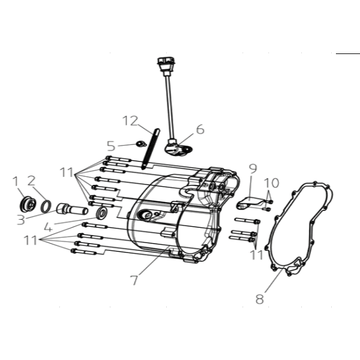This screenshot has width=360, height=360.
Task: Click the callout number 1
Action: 15,181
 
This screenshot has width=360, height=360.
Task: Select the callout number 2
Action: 32,181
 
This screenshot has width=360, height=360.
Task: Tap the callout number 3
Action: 21,220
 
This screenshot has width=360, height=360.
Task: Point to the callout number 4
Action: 48,227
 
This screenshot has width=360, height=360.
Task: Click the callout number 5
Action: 111,146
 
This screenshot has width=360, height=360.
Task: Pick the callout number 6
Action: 200,129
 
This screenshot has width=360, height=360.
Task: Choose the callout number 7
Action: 134,280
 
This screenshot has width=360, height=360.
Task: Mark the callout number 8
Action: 260,300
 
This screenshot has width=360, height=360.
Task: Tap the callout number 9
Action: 253,169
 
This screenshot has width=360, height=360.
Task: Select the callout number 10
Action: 271,183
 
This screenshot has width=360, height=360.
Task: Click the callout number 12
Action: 130,121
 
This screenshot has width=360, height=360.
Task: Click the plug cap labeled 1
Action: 28,204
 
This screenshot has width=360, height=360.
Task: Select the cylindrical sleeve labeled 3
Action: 72,210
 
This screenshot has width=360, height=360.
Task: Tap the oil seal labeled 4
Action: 102,213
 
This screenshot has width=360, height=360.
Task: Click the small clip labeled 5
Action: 141,144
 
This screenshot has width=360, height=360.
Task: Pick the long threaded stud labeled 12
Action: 150,149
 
